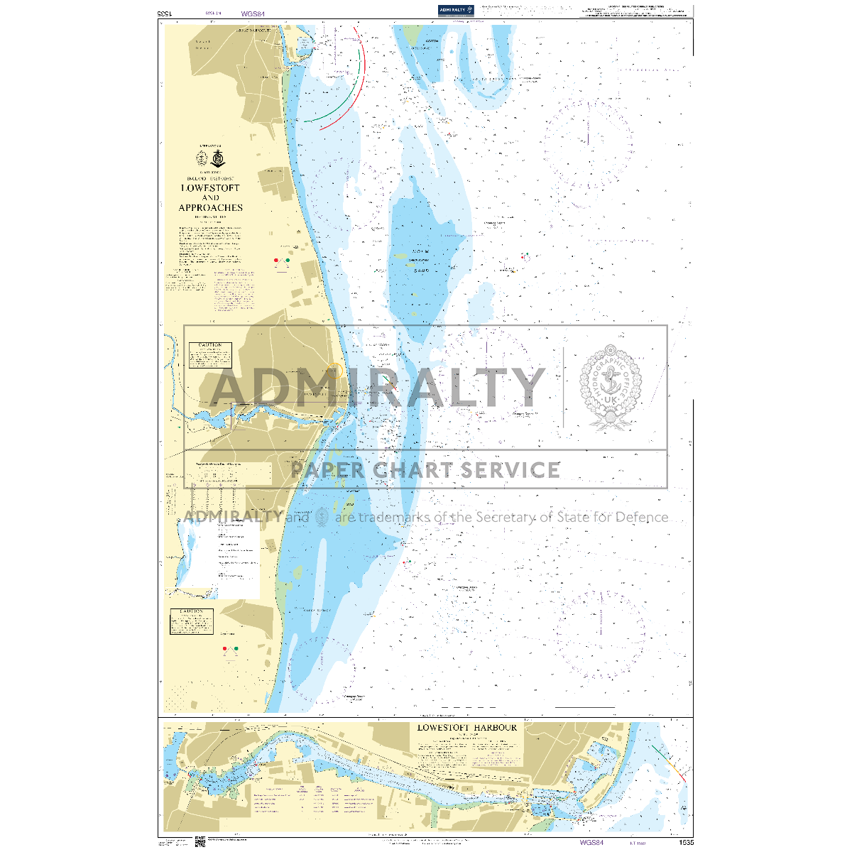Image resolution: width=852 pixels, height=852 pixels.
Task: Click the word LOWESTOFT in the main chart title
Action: pyautogui.click(x=210, y=188)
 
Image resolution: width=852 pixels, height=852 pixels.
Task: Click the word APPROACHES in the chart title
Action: pyautogui.click(x=210, y=208)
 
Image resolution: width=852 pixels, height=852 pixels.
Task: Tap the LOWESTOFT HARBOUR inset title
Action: pyautogui.click(x=467, y=728)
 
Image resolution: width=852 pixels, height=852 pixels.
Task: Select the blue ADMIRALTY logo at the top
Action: pyautogui.click(x=456, y=10)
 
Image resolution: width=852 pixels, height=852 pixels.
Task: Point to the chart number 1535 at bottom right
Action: pyautogui.click(x=686, y=843)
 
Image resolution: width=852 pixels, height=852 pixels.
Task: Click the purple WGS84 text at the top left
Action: pyautogui.click(x=251, y=13)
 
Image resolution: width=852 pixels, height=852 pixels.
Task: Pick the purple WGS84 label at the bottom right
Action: pyautogui.click(x=591, y=843)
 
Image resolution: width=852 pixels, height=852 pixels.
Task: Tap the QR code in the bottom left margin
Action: pyautogui.click(x=200, y=842)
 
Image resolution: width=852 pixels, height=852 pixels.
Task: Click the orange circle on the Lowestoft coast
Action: pyautogui.click(x=335, y=370)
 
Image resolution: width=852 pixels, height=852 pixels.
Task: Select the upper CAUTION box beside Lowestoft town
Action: pyautogui.click(x=210, y=355)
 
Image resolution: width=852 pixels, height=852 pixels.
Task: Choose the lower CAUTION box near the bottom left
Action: pyautogui.click(x=192, y=621)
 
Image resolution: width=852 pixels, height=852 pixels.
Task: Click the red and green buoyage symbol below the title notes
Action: pyautogui.click(x=282, y=261)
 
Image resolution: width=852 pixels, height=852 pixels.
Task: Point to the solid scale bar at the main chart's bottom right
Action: pyautogui.click(x=585, y=707)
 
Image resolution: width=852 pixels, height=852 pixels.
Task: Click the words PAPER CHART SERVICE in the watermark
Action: pyautogui.click(x=425, y=470)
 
